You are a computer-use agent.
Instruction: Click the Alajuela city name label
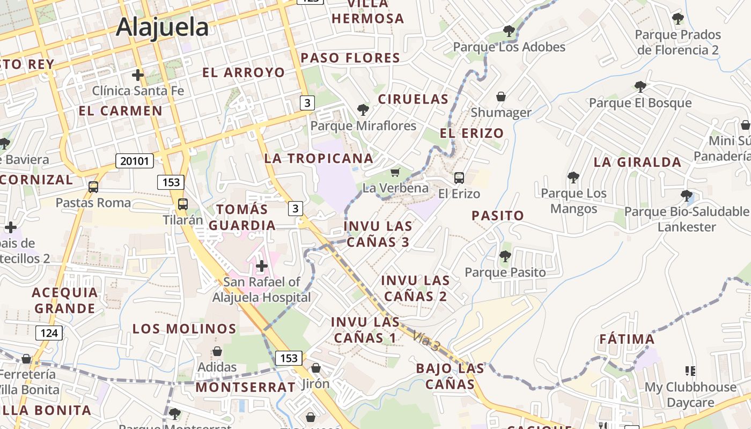tap(162, 27)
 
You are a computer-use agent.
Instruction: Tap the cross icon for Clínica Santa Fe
tap(138, 75)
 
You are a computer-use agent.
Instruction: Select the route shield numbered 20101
tap(134, 160)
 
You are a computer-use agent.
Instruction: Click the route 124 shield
tap(49, 333)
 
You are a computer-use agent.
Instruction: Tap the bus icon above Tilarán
tap(183, 204)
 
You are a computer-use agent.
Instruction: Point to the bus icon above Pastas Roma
tap(93, 187)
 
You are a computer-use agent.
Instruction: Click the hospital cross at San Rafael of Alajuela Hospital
tap(262, 265)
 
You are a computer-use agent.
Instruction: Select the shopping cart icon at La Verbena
tap(395, 172)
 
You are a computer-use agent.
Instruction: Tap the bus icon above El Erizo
tap(459, 177)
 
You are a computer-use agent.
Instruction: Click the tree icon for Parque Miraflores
tap(363, 110)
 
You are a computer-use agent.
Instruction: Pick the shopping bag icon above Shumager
tap(501, 97)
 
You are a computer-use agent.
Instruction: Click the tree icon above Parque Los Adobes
tap(509, 31)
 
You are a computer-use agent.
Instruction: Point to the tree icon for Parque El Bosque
tap(640, 86)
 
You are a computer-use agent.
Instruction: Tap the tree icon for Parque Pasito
tap(505, 256)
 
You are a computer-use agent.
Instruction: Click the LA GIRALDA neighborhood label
tap(637, 162)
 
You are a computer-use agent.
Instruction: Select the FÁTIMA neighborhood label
tap(627, 339)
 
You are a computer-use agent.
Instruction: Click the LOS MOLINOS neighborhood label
tap(185, 328)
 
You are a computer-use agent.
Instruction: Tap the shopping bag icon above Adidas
tap(217, 351)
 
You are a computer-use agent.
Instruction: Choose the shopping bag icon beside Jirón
tap(316, 368)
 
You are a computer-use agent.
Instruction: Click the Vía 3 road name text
tap(426, 342)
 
